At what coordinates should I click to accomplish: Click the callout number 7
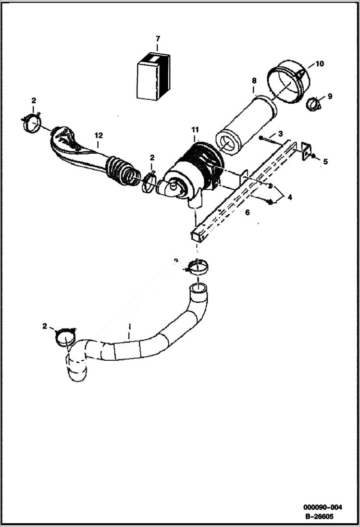pos(157,38)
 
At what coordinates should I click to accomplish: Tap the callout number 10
pos(319,64)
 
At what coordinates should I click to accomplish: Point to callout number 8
pos(254,80)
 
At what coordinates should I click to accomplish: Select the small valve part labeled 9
pos(313,103)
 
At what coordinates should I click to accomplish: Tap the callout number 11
pos(195,130)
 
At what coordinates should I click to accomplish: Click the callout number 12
pos(99,135)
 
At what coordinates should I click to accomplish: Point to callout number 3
pos(280,133)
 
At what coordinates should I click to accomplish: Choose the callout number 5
pos(325,162)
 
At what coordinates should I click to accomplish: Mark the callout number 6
pos(247,211)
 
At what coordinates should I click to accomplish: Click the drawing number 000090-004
pos(323,507)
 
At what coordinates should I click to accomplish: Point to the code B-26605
pos(319,516)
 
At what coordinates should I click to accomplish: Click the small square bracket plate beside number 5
pos(305,151)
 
